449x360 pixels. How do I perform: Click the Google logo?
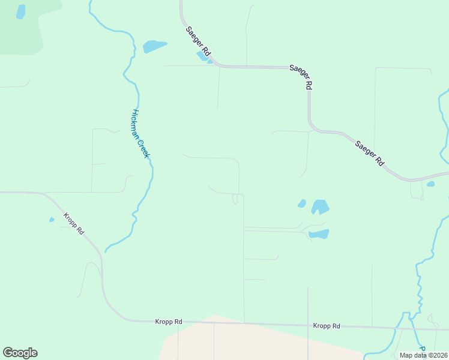point(20,353)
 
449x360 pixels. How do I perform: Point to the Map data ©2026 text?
point(423,355)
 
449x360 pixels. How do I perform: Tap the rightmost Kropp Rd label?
point(327,326)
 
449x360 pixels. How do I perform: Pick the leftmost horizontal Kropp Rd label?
point(168,322)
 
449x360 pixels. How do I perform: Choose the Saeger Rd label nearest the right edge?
point(369,152)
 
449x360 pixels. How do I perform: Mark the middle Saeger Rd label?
point(301,77)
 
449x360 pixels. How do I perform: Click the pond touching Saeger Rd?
point(203,56)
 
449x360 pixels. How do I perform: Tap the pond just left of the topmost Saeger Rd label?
point(154,46)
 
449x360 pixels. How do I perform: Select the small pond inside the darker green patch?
point(21,12)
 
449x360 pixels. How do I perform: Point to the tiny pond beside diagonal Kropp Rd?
point(52,219)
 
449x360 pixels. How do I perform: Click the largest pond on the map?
point(320,207)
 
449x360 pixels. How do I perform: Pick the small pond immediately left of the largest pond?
point(302,203)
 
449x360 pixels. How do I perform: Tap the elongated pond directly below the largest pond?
point(319,233)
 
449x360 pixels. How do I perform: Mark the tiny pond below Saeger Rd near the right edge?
point(430,184)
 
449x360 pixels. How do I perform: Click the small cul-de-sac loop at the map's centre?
point(236,199)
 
